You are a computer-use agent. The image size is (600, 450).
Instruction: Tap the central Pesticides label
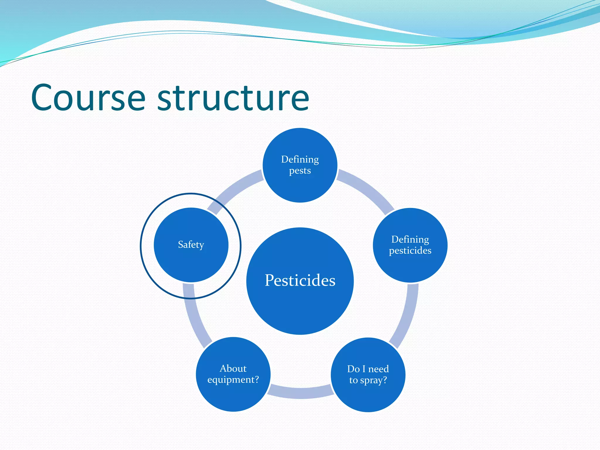(x=300, y=280)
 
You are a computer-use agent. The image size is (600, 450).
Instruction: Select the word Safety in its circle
(x=191, y=245)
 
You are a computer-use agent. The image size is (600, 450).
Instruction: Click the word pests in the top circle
(x=300, y=171)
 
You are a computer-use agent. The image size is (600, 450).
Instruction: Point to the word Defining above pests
(x=300, y=159)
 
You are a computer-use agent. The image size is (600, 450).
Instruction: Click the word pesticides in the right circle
(x=410, y=251)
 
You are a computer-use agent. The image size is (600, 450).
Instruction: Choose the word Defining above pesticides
(x=410, y=239)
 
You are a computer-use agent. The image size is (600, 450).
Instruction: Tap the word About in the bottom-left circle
(x=233, y=368)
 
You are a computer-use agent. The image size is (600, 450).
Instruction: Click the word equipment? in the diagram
(x=233, y=380)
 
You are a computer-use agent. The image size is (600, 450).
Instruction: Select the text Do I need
(x=368, y=369)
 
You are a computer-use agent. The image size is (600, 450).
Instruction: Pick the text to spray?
(x=368, y=380)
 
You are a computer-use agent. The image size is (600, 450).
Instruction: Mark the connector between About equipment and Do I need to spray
(x=300, y=393)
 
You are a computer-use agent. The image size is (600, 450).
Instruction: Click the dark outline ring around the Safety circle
(x=141, y=246)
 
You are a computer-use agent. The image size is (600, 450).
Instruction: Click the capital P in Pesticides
(x=270, y=280)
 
